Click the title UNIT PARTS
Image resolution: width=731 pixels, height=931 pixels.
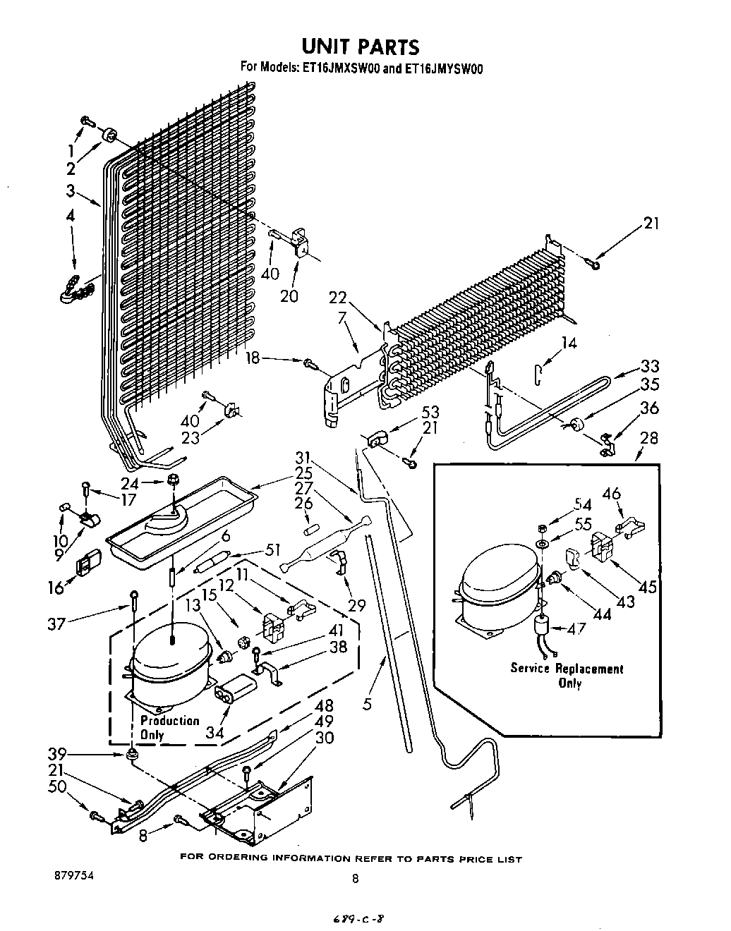point(361,47)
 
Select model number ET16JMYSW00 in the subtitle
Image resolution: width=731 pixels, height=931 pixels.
point(441,68)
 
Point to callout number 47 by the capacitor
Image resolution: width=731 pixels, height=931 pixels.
point(576,629)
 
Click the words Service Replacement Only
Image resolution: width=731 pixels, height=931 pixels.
point(567,675)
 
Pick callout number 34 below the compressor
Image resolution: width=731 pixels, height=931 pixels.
point(215,732)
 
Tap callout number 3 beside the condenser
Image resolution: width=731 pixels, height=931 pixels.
point(71,190)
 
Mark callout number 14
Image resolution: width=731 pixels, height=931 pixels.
point(569,343)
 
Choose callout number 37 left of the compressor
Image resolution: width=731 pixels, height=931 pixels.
point(56,623)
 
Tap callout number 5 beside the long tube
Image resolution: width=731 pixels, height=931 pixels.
point(367,705)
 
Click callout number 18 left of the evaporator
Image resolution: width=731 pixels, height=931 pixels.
point(253,358)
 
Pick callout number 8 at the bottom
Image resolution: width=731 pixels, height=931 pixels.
point(143,836)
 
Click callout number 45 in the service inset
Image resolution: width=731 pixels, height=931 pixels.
point(648,587)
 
